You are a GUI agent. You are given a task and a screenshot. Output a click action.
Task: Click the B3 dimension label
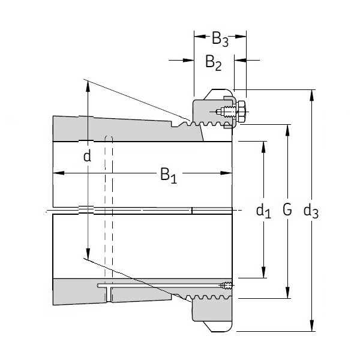(220, 40)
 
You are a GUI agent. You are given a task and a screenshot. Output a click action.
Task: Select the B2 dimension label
(214, 61)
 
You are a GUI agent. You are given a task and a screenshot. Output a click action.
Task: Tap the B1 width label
(168, 175)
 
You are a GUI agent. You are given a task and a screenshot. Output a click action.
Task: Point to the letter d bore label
(88, 157)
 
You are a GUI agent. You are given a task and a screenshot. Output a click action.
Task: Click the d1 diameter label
(263, 211)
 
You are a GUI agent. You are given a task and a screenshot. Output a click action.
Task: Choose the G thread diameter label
(287, 210)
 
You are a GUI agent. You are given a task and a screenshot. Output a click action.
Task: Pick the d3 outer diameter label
(311, 211)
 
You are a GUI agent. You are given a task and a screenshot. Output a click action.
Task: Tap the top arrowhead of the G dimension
(289, 129)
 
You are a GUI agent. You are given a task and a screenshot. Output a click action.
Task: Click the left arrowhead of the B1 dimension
(57, 173)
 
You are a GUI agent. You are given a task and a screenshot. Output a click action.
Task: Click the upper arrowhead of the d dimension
(88, 85)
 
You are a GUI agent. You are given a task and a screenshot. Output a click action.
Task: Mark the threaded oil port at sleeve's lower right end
(225, 285)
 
